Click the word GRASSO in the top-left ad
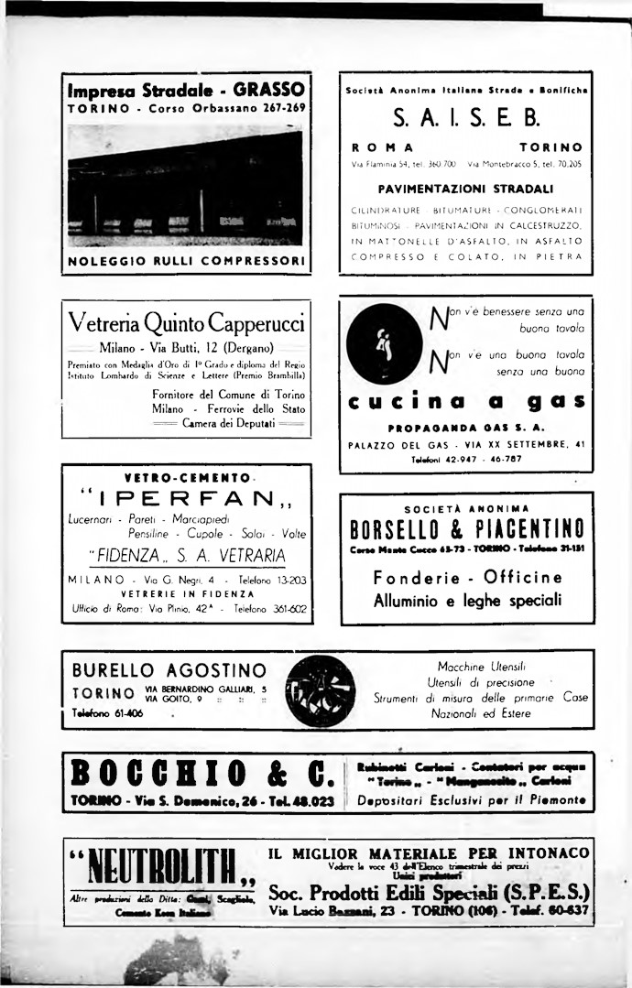pyautogui.click(x=268, y=90)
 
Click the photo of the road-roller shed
pyautogui.click(x=185, y=184)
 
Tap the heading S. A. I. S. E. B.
pyautogui.click(x=466, y=117)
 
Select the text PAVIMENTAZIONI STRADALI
pyautogui.click(x=467, y=190)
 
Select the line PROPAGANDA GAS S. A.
pyautogui.click(x=466, y=428)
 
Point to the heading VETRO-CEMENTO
pyautogui.click(x=188, y=477)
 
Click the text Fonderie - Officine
pyautogui.click(x=467, y=578)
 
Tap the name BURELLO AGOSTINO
pyautogui.click(x=169, y=670)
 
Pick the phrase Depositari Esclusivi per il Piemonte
pyautogui.click(x=470, y=799)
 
